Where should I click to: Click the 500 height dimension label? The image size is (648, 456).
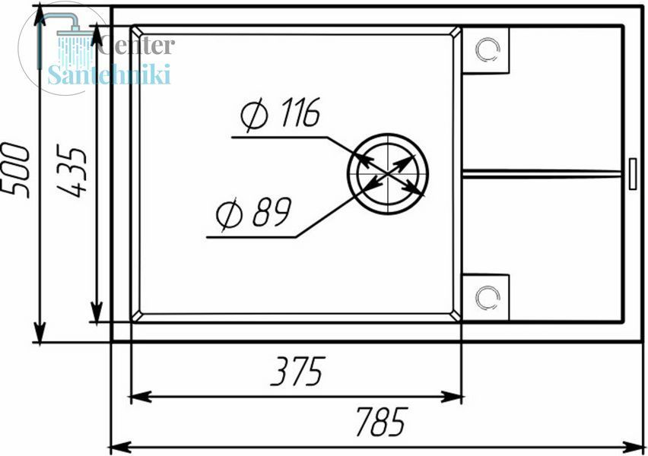point(16,170)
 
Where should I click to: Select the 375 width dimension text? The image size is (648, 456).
point(298,371)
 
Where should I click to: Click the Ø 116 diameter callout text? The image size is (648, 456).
point(280,113)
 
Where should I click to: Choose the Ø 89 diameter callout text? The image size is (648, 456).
point(254,213)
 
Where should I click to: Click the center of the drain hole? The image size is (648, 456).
point(388,174)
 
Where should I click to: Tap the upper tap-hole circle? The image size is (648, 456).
point(488,49)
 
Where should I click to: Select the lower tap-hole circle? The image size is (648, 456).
point(488,297)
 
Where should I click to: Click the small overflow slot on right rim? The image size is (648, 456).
point(633,174)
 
